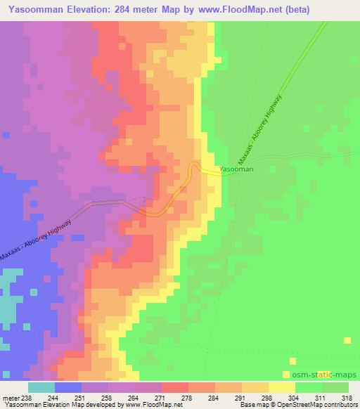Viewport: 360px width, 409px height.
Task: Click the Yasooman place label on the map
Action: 236,169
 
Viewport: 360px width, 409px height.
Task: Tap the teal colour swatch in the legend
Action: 41,387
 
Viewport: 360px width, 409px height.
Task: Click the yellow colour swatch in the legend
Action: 282,387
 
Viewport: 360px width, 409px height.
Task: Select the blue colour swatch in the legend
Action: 68,387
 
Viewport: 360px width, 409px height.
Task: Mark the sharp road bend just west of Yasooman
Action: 193,167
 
